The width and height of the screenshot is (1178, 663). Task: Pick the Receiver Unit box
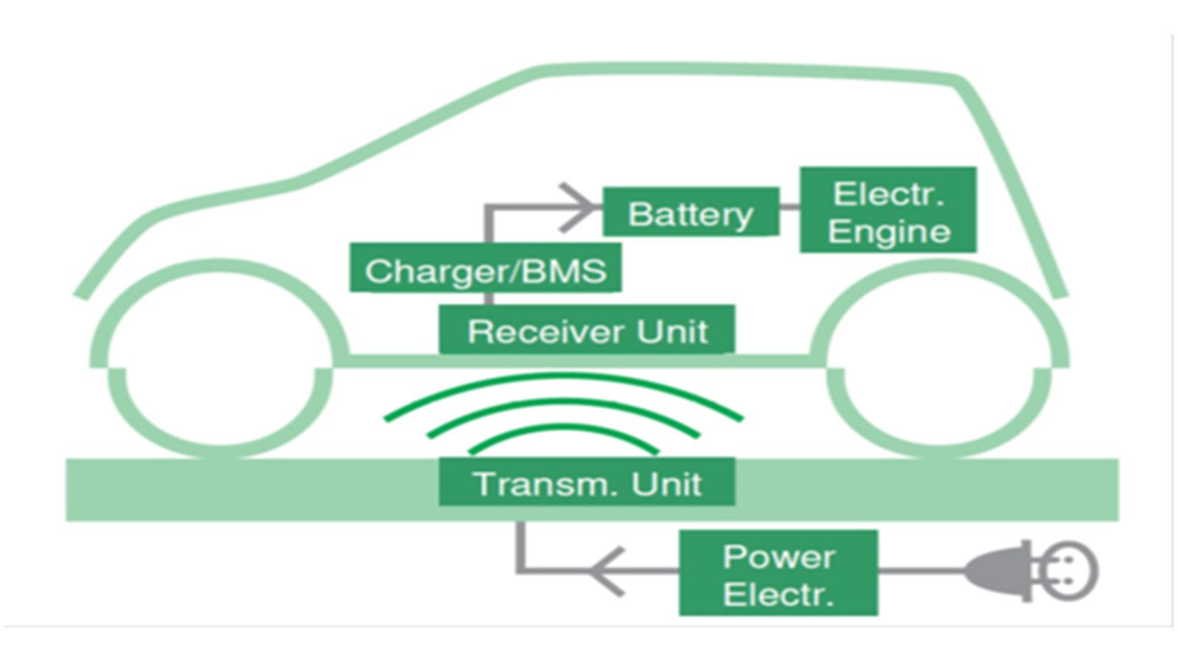pos(587,330)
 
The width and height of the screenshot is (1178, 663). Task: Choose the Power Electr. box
pos(778,573)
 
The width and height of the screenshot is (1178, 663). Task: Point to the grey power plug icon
pos(998,572)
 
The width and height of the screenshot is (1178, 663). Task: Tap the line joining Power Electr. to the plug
pos(920,571)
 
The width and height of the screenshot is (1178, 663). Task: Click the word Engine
pos(889,232)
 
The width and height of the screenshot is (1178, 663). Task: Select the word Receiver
pos(546,331)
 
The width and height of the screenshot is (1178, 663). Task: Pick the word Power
pos(778,556)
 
